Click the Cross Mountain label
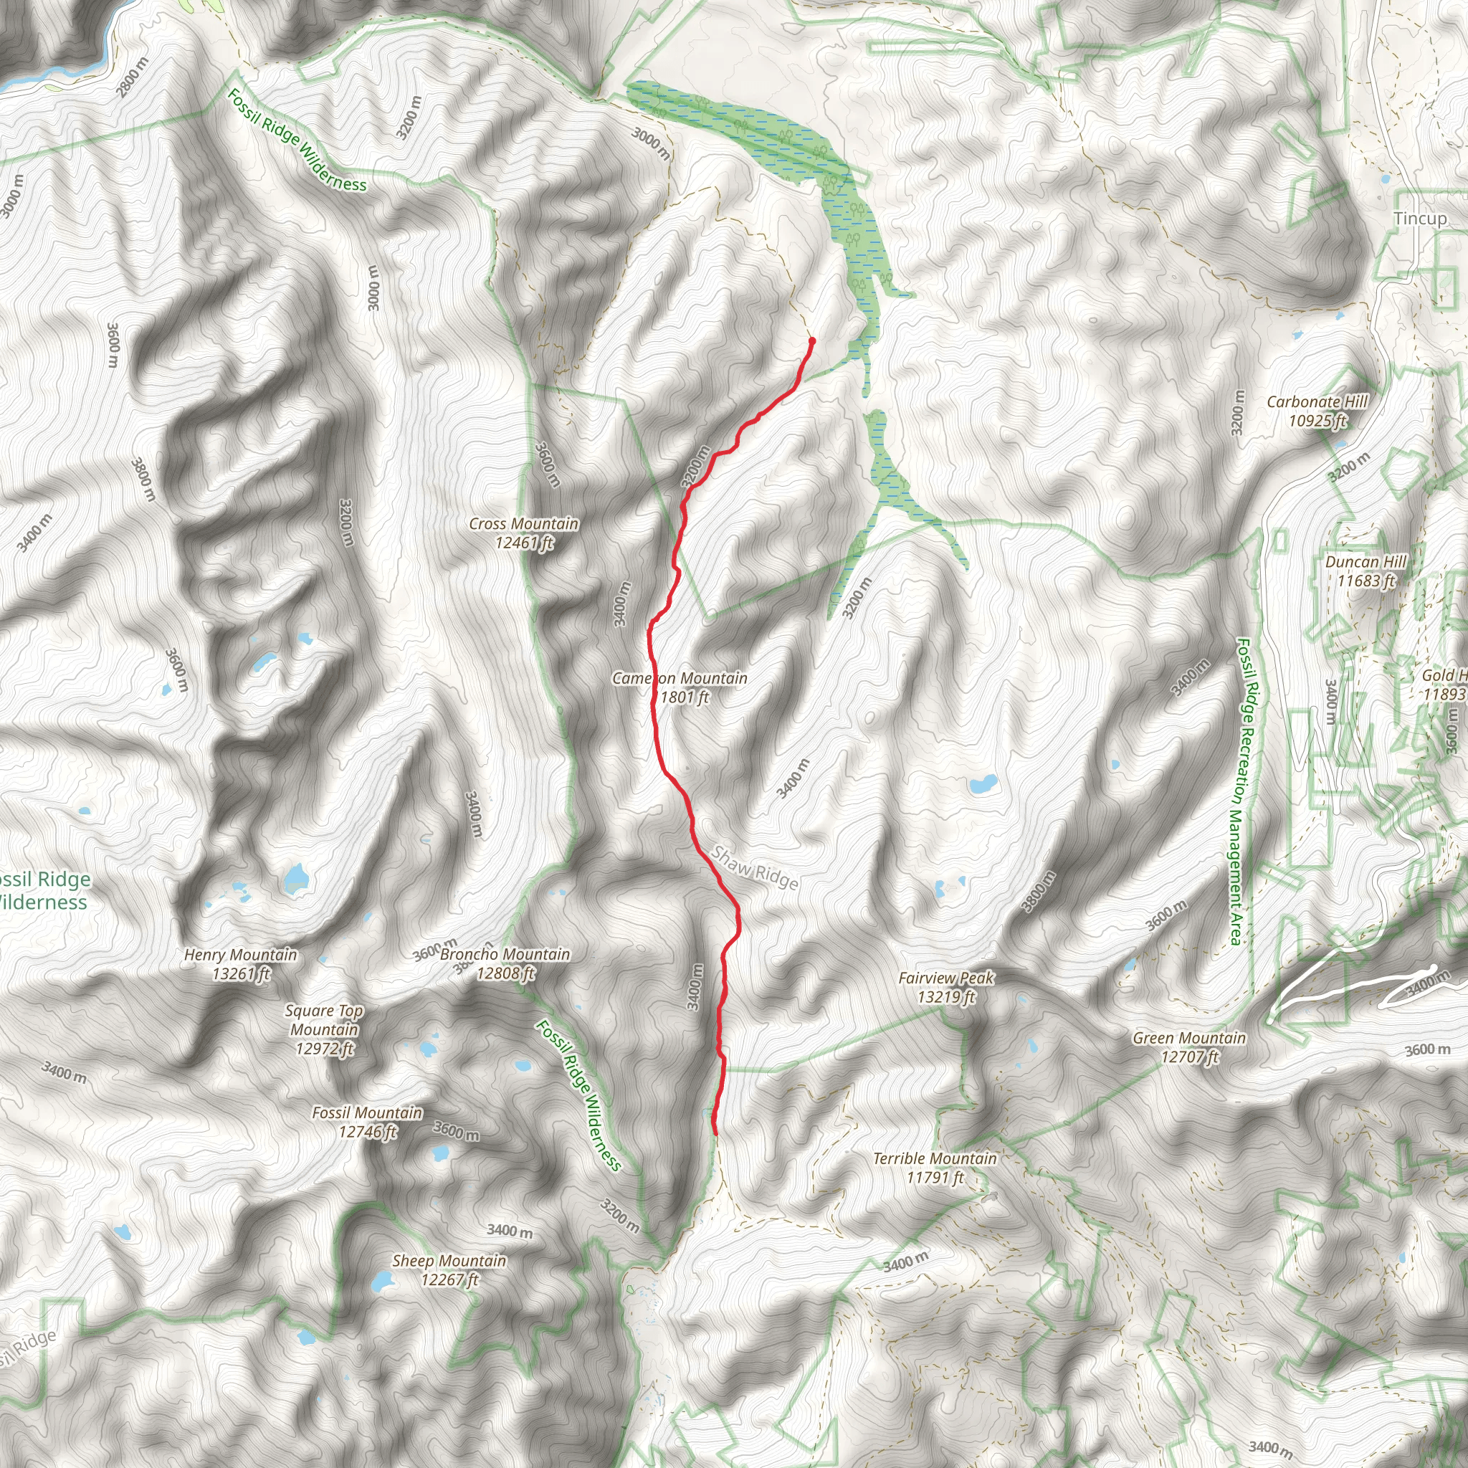pos(523,533)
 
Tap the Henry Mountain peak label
pos(241,963)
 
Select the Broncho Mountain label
pos(505,963)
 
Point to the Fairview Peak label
pos(946,987)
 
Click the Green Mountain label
pos(1189,1047)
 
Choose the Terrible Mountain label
pos(935,1168)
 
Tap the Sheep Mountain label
pos(449,1269)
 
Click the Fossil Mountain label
pos(367,1122)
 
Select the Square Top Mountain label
pos(325,1029)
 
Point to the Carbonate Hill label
pos(1317,410)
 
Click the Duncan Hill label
pos(1365,571)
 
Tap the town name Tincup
pos(1420,219)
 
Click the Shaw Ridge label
pos(755,868)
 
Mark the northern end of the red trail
pos(811,340)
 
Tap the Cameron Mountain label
pos(680,687)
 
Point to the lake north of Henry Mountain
pos(295,880)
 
